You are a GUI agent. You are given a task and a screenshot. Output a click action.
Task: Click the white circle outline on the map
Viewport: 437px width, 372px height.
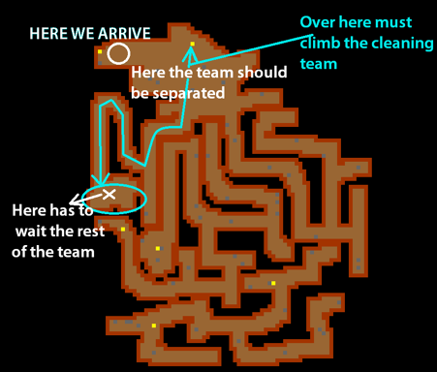coord(118,52)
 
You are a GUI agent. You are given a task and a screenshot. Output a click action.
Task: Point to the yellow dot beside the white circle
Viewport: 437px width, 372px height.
coord(100,51)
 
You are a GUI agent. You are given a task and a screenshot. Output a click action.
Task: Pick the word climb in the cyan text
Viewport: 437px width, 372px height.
coord(321,44)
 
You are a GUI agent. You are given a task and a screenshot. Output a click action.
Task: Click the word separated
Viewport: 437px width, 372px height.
coord(176,93)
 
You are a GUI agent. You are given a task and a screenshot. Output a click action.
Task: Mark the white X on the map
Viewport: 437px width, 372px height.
coord(109,196)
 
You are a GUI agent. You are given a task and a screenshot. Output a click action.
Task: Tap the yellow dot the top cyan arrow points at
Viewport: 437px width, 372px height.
coord(193,44)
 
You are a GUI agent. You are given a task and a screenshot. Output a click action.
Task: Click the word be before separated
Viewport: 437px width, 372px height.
coord(140,93)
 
